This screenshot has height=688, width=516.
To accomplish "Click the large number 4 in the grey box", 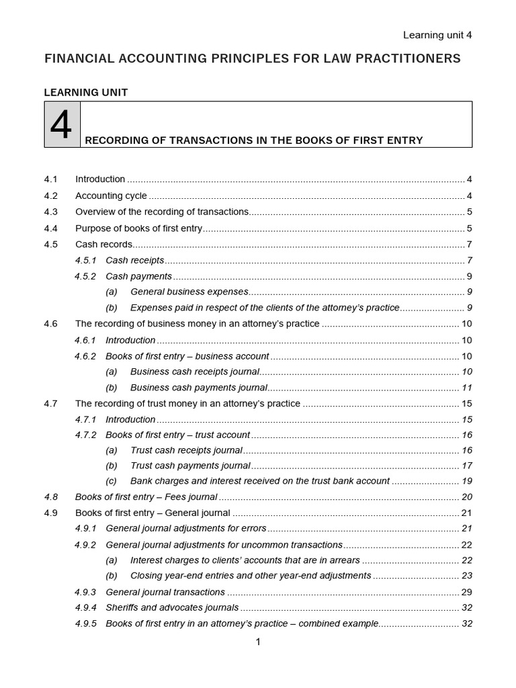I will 61,125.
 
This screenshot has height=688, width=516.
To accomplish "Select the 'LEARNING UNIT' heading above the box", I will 85,93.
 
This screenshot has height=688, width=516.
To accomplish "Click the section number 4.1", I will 51,179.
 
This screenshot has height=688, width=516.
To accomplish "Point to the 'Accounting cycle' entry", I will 111,196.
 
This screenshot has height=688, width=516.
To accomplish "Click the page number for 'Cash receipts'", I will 470,260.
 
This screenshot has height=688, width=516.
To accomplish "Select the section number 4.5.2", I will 85,276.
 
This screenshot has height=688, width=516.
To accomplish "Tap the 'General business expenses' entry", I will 189,292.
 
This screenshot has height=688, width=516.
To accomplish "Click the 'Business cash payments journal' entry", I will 198,388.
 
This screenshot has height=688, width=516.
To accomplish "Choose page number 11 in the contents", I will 467,388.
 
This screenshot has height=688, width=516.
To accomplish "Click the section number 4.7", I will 51,404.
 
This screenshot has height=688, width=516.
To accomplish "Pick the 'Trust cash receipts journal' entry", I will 186,450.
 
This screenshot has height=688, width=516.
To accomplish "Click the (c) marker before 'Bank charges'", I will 112,481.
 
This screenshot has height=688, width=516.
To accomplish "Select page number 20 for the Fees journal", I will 467,497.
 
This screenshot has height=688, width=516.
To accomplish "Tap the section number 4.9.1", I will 85,529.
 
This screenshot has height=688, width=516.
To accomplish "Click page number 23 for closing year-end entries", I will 467,576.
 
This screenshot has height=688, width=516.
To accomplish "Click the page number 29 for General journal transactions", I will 467,592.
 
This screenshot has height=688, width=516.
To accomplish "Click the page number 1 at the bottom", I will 258,642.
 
